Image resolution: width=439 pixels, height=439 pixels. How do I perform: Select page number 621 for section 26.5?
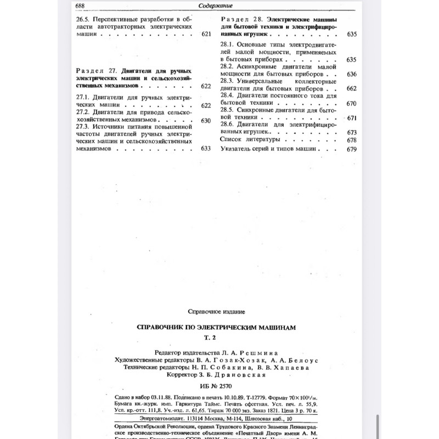click(x=206, y=34)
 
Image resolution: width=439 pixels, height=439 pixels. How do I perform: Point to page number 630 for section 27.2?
click(x=206, y=120)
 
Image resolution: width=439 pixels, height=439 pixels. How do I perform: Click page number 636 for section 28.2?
click(x=352, y=74)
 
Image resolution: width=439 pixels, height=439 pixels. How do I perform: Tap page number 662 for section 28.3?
click(x=352, y=88)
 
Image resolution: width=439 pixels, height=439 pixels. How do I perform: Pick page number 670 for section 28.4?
click(x=352, y=103)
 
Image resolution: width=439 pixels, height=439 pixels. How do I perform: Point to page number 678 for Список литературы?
click(x=352, y=140)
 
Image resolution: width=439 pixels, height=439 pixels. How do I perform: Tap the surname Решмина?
click(x=258, y=352)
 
